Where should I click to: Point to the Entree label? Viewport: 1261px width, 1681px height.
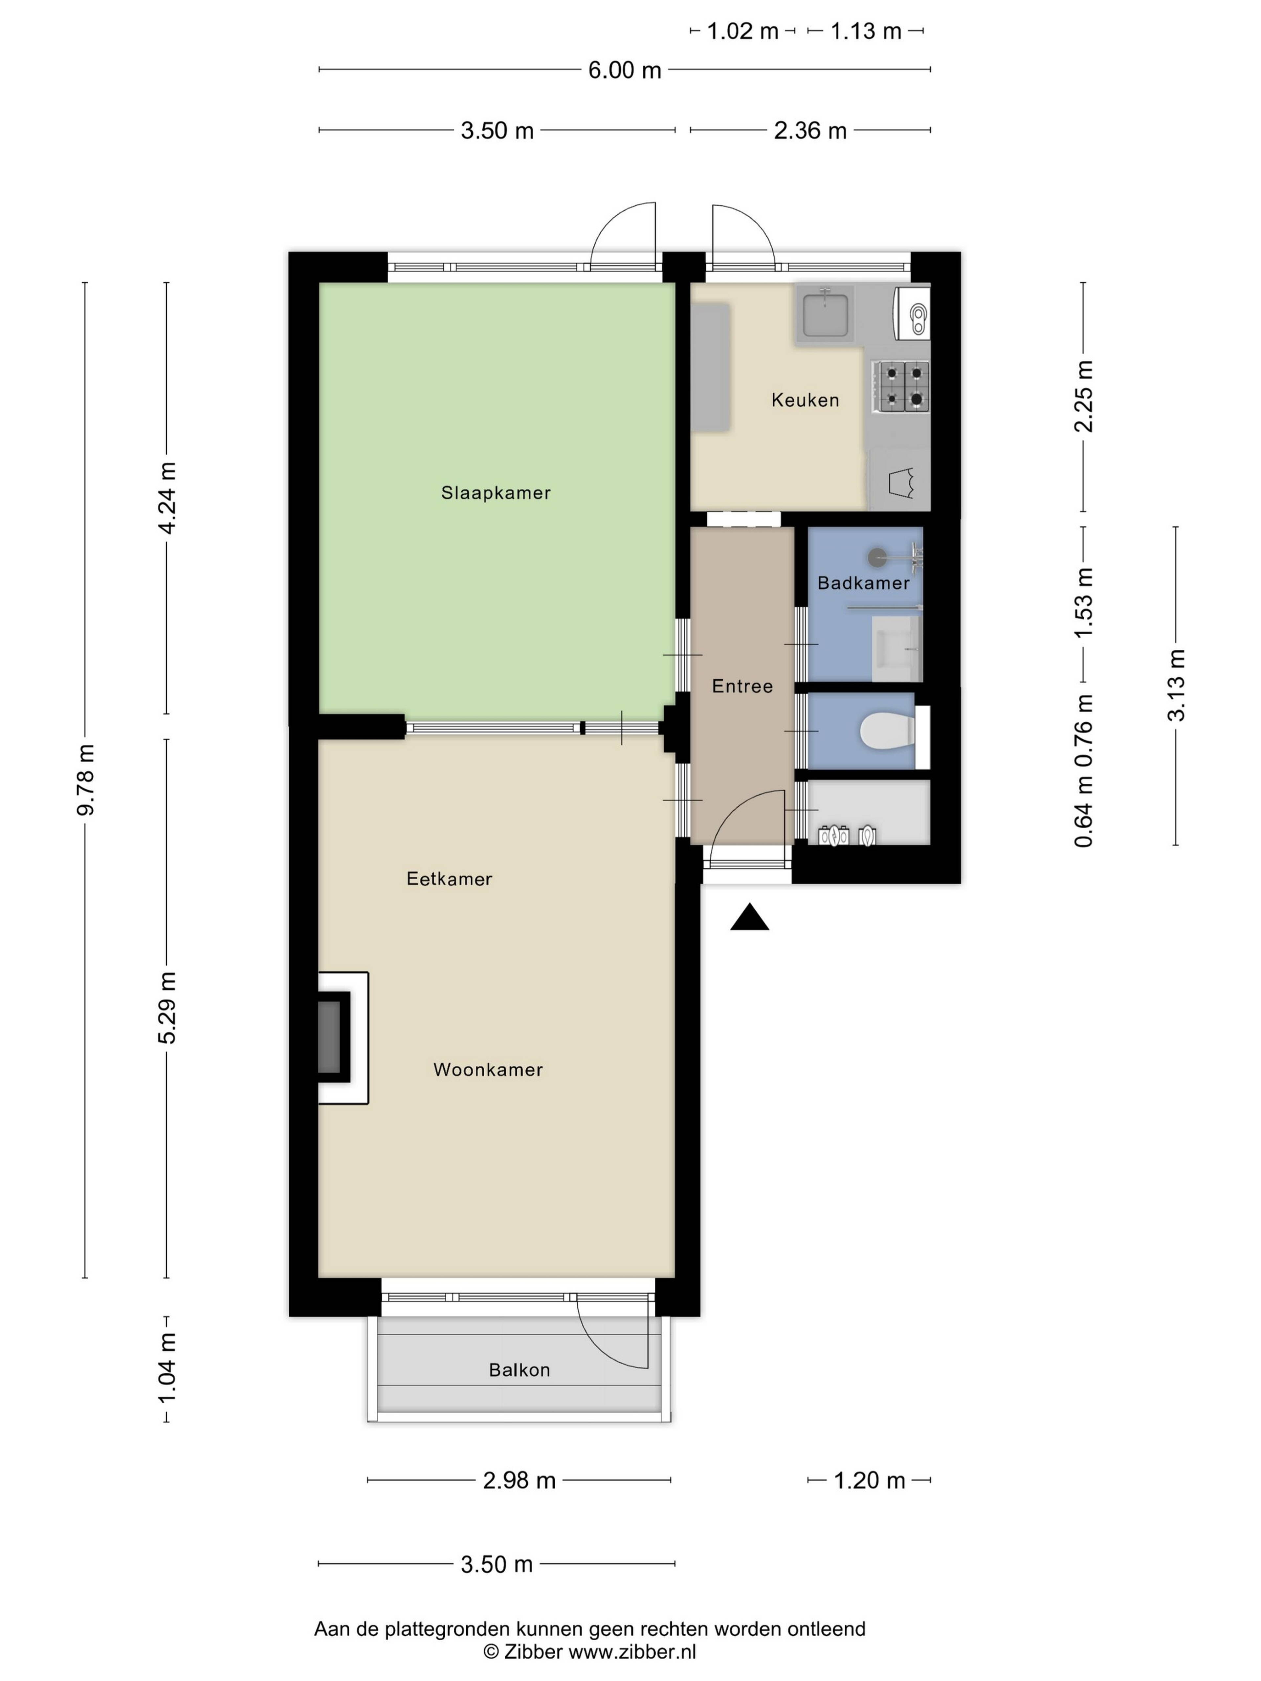(x=742, y=686)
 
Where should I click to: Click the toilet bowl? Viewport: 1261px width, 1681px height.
(x=887, y=732)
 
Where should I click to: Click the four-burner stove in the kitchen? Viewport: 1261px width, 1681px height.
(x=901, y=386)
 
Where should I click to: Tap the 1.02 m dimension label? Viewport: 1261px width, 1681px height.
(x=742, y=31)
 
